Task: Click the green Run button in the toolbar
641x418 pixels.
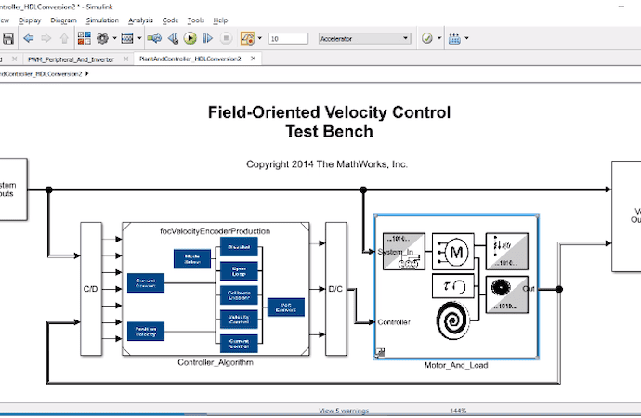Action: coord(190,38)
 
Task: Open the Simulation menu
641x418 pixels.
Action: coord(101,20)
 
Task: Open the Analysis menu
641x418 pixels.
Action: coord(141,20)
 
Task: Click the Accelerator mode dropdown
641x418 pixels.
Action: coord(364,38)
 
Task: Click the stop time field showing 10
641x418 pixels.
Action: coord(288,38)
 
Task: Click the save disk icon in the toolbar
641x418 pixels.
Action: coord(7,38)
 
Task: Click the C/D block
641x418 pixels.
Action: coord(91,288)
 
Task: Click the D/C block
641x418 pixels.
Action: coord(335,288)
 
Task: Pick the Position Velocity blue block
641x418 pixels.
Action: coord(145,331)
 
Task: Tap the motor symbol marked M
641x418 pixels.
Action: coord(455,250)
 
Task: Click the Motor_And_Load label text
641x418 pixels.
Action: coord(455,365)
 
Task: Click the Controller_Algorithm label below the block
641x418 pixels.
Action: coord(216,362)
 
